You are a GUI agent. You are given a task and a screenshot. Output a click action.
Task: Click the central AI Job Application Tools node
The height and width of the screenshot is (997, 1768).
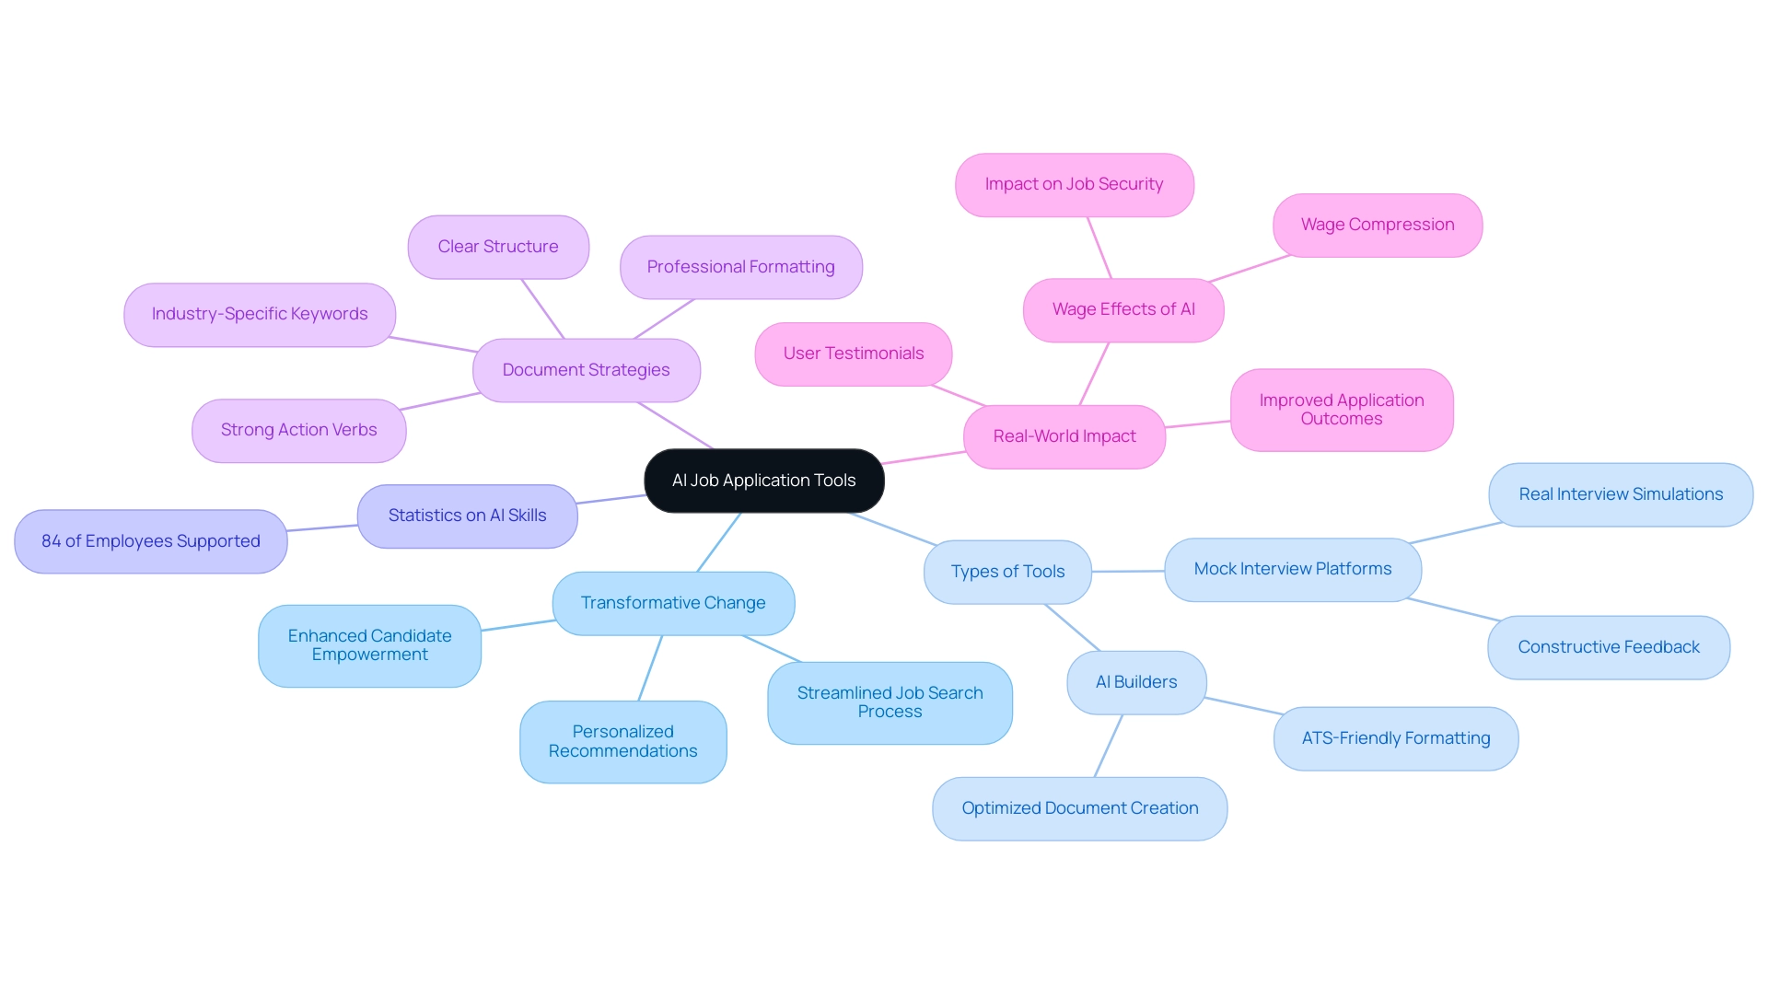[x=763, y=481]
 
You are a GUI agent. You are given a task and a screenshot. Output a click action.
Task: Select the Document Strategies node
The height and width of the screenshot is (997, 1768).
[x=586, y=370]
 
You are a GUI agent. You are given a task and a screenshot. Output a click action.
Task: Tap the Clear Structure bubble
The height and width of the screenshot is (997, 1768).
[x=497, y=247]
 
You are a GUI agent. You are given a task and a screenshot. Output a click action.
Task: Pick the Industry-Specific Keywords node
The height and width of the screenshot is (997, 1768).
[x=259, y=314]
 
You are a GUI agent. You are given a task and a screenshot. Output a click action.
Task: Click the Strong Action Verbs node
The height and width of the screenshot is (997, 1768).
[x=298, y=430]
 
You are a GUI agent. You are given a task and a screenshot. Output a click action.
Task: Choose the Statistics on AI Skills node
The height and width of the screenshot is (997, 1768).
[x=467, y=516]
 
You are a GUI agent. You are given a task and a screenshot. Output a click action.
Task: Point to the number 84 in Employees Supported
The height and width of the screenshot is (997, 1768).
[x=51, y=541]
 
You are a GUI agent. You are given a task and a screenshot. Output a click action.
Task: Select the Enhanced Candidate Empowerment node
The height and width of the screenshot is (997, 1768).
[x=369, y=645]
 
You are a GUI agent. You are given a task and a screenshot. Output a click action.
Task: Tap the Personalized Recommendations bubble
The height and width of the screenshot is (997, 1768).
[x=622, y=741]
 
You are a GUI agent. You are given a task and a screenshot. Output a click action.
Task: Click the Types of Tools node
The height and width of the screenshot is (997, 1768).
[x=1007, y=572]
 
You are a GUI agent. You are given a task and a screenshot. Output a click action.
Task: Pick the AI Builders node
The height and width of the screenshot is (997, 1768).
[x=1135, y=682]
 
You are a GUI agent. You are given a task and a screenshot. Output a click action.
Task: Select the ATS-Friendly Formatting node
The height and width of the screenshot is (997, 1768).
[x=1395, y=738]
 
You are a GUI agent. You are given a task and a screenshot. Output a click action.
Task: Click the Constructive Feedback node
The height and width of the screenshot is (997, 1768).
[x=1608, y=647]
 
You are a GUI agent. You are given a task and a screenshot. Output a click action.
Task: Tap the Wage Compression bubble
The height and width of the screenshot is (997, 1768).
[x=1377, y=225]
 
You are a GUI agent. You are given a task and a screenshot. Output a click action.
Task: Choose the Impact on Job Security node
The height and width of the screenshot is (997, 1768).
[x=1074, y=184]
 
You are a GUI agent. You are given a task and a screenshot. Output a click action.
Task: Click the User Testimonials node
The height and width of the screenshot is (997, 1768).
[x=853, y=354]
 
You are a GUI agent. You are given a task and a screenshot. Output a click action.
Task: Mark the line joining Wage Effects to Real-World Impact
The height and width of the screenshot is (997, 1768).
[x=1094, y=374]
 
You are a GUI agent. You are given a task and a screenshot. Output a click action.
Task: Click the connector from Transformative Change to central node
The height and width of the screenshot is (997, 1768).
[x=719, y=542]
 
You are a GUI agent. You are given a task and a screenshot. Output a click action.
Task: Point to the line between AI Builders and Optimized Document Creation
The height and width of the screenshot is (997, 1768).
[x=1108, y=747]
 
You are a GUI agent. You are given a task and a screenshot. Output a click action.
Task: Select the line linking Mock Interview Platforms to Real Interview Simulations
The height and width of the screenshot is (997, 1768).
[x=1455, y=533]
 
